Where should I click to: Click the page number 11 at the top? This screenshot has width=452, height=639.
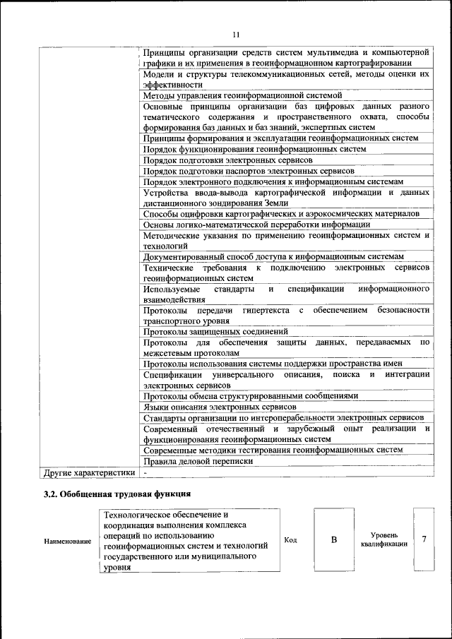click(x=236, y=34)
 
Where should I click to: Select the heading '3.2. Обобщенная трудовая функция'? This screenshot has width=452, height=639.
click(x=117, y=494)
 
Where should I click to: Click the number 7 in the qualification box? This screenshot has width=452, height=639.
click(x=424, y=539)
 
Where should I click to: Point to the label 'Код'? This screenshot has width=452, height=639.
click(x=290, y=540)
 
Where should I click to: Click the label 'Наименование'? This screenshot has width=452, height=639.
click(x=68, y=541)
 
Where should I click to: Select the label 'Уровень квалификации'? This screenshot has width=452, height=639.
click(x=383, y=540)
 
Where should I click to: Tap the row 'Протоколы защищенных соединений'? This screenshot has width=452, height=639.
click(x=215, y=331)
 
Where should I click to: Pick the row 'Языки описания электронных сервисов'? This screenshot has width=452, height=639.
click(x=219, y=407)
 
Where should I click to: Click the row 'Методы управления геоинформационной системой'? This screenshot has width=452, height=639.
click(x=242, y=95)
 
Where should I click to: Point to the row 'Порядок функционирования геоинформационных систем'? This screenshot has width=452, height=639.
click(x=254, y=149)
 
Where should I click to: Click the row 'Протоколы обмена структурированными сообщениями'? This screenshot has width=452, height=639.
click(x=251, y=396)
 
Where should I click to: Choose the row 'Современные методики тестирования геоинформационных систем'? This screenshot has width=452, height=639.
click(x=273, y=450)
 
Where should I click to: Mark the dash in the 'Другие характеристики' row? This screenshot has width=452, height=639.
click(x=145, y=472)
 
